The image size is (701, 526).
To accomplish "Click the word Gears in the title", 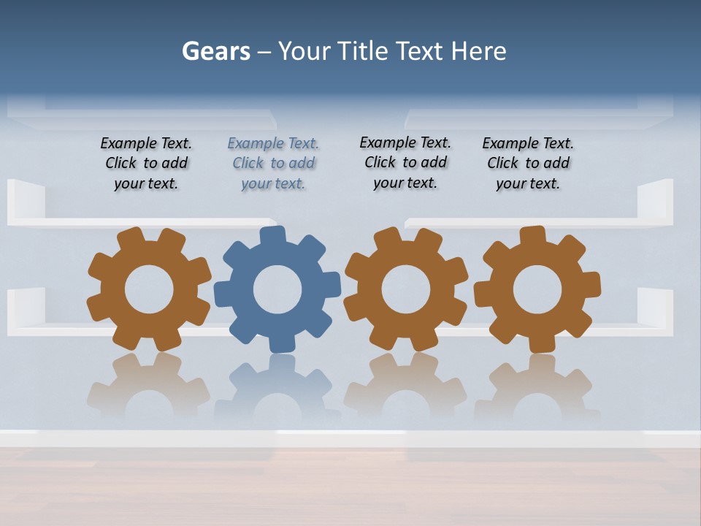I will point(215,51).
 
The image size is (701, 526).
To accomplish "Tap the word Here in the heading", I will point(478,51).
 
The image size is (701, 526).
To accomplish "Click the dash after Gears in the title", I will point(264,52).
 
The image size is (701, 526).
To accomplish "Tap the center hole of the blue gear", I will point(277,289).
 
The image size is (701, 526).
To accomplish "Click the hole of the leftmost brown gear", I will point(149,289).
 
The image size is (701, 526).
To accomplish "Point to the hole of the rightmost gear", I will point(537,289).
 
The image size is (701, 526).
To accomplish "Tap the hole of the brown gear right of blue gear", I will point(406,289).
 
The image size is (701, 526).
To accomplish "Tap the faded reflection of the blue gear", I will point(277,387).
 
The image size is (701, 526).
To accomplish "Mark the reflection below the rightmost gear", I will point(537,387).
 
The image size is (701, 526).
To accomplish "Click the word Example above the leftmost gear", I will point(129,144).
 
